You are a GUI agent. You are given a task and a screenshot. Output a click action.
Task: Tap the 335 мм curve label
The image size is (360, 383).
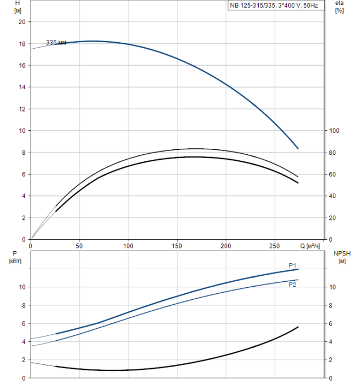tap(56, 43)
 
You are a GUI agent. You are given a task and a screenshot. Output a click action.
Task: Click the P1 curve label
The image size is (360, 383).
tap(293, 265)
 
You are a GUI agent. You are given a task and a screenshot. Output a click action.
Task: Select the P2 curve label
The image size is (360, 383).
tap(293, 285)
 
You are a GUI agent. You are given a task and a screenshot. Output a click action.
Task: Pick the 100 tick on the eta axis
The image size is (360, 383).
tap(333, 131)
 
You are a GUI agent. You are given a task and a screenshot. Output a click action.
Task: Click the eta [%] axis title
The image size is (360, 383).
tap(339, 7)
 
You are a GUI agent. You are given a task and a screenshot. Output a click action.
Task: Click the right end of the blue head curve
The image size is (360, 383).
tap(298, 148)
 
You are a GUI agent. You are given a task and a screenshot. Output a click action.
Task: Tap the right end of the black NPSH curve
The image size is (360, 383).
tap(298, 327)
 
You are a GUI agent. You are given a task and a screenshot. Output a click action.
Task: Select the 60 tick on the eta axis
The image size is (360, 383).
tap(332, 175)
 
